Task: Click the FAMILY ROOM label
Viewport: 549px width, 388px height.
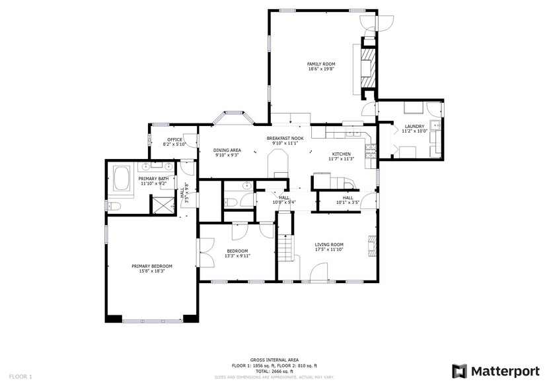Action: click(x=321, y=64)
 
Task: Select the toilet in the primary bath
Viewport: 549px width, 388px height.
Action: click(x=113, y=207)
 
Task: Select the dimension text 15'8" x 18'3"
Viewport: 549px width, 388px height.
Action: click(x=151, y=271)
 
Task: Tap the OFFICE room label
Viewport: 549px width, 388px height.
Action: click(x=174, y=139)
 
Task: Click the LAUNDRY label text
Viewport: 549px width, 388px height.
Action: click(x=414, y=126)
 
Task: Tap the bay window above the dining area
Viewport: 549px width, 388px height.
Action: click(x=232, y=118)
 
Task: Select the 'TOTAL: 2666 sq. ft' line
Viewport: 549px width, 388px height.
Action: click(x=274, y=371)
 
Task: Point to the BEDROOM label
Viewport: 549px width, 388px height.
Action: click(x=237, y=251)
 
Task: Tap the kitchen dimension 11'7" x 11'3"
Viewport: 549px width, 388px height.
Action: click(x=342, y=158)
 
